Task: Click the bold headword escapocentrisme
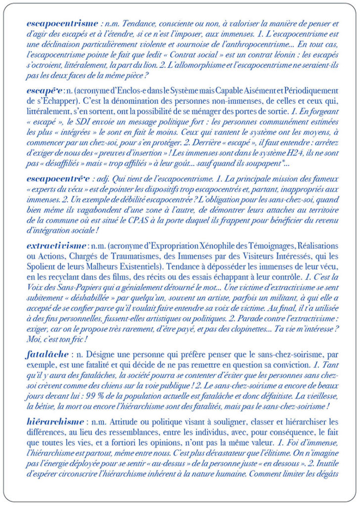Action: tap(63, 23)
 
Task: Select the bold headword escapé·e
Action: tap(46, 92)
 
